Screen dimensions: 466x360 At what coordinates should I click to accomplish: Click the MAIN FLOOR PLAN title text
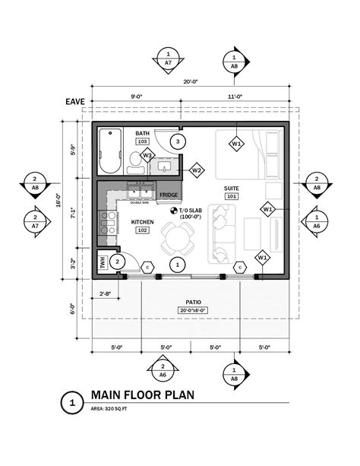click(x=142, y=395)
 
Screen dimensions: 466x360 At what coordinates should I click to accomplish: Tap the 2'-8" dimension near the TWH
click(x=106, y=293)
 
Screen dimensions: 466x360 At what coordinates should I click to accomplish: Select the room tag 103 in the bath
click(x=142, y=141)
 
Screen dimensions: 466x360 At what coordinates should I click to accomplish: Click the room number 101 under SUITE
click(x=232, y=196)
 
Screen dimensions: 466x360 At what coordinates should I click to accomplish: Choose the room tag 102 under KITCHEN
click(x=142, y=230)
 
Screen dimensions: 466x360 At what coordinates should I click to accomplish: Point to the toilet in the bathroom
click(x=135, y=158)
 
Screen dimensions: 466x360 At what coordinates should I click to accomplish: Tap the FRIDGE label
click(x=168, y=195)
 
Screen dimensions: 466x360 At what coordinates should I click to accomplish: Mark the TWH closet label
click(x=102, y=262)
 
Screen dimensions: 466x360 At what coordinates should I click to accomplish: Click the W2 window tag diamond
click(x=197, y=170)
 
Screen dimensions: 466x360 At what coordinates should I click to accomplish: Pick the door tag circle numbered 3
click(x=176, y=141)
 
